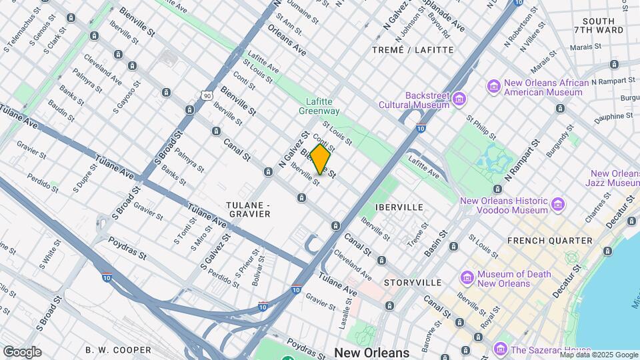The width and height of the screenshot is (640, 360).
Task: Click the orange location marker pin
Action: [x=320, y=159]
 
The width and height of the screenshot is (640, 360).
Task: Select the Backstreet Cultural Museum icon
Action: [x=459, y=99]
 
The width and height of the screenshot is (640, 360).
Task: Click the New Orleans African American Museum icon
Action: [x=494, y=86]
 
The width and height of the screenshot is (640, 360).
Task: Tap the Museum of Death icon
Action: [x=467, y=277]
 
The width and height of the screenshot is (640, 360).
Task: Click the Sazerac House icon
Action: [x=501, y=349]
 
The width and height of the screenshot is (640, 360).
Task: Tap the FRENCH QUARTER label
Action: [x=549, y=240]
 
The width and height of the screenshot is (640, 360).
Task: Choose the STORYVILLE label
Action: [x=409, y=283]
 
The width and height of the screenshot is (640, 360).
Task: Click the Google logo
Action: [x=22, y=351]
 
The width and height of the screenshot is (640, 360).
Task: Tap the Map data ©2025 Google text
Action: [x=599, y=355]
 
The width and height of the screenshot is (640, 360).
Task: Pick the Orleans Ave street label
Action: [x=287, y=41]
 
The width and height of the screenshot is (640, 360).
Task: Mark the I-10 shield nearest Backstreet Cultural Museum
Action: [x=420, y=127]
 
